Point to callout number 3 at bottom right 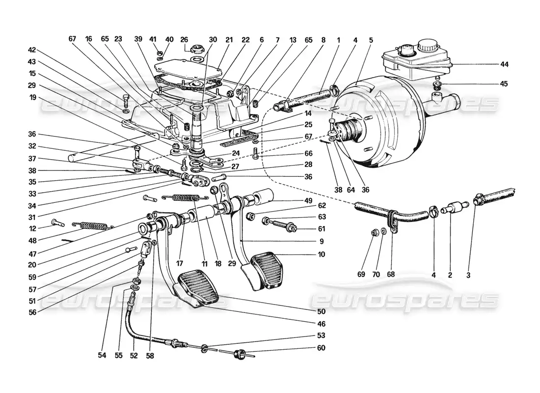468,276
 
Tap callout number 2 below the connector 450,276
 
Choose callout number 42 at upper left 32,50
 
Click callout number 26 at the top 184,39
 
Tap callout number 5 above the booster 371,39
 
